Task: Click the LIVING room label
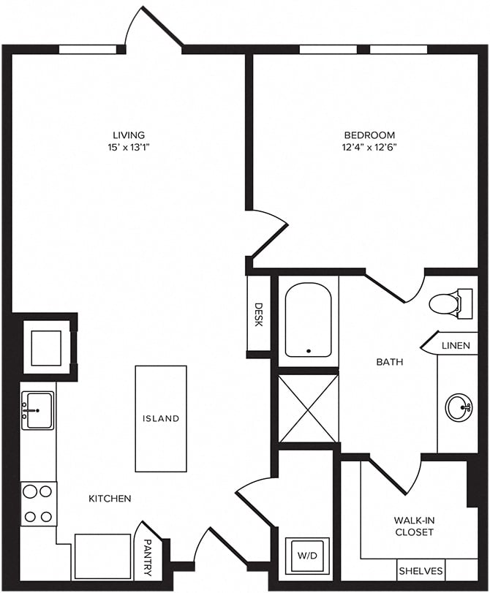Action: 128,135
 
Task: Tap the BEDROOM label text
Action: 369,135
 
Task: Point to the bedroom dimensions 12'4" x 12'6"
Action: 369,146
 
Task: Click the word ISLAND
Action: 161,419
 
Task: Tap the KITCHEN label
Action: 110,499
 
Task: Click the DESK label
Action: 258,314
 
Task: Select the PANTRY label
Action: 148,557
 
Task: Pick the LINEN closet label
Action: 455,344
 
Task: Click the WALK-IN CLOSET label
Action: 414,526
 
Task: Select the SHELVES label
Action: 421,570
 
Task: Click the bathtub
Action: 308,320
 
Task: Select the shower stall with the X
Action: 308,408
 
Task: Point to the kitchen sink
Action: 37,410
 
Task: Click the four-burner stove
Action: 38,504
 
